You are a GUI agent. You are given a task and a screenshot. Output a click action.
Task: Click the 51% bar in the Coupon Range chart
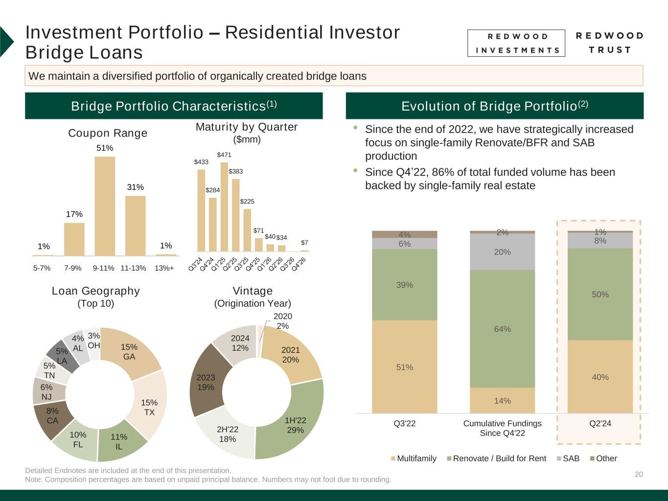point(105,205)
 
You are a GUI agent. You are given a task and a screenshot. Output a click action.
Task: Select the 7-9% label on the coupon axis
point(73,268)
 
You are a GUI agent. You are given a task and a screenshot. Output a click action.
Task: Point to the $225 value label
point(247,201)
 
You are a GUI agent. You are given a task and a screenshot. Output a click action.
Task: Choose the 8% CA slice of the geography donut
point(53,416)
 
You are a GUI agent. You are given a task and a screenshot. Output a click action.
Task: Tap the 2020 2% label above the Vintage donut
point(282,321)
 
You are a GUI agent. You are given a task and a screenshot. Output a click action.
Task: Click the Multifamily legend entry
point(414,458)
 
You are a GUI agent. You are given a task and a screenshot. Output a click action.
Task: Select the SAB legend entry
point(568,458)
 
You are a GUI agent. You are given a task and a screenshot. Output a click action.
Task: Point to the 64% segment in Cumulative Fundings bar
point(502,329)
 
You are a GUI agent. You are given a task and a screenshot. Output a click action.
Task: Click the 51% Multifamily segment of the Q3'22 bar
point(405,367)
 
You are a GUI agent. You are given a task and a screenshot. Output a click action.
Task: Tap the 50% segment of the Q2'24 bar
point(600,294)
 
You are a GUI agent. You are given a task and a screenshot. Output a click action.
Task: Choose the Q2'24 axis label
point(600,424)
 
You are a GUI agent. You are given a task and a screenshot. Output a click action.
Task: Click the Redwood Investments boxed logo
point(516,43)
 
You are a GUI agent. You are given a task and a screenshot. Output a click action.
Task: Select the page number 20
point(639,474)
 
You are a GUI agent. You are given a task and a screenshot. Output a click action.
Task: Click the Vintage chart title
point(253,291)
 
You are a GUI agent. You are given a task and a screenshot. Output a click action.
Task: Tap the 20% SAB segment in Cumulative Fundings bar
point(502,252)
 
